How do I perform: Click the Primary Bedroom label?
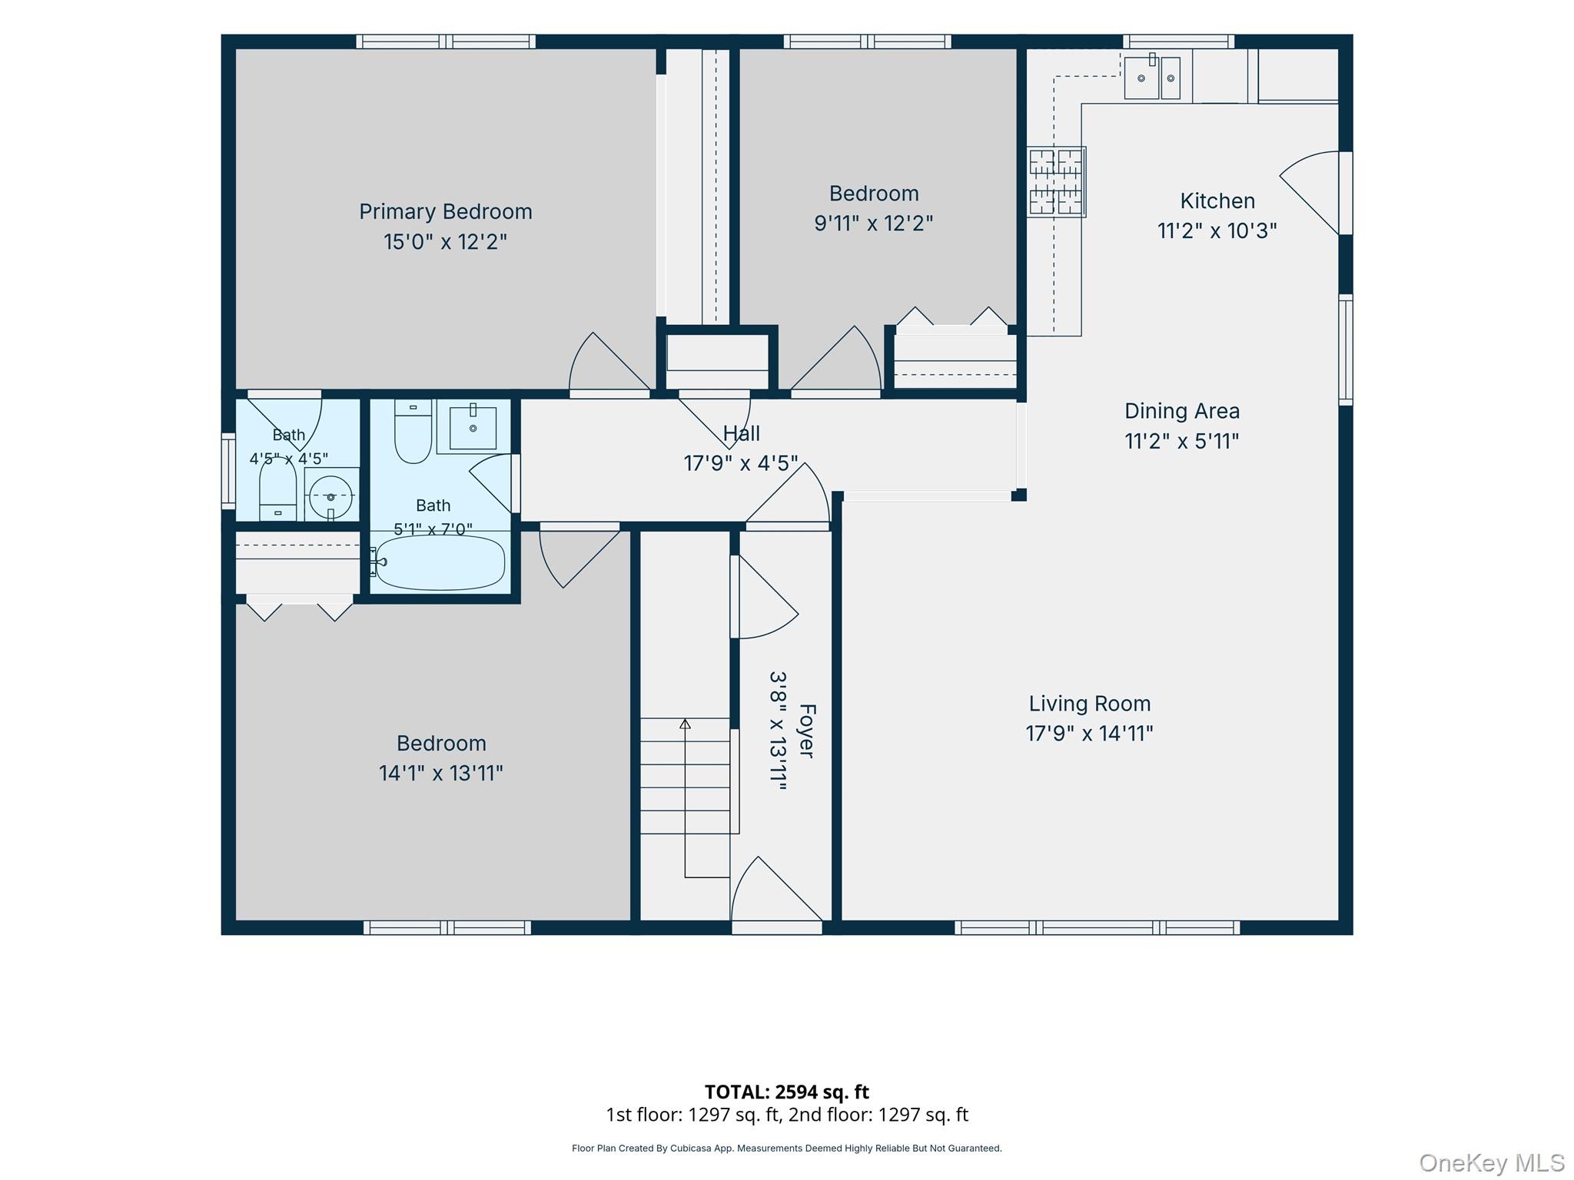[x=445, y=211]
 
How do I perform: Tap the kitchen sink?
[x=1152, y=78]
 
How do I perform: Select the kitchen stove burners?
[x=1056, y=182]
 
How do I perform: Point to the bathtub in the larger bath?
[x=440, y=562]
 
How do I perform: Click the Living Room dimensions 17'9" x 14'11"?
[x=1089, y=734]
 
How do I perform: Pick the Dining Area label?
[x=1182, y=411]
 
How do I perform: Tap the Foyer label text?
[x=806, y=731]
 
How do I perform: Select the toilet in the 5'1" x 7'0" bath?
[x=413, y=431]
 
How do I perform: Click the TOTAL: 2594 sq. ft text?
[x=786, y=1092]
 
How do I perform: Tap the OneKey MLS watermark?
[x=1492, y=1162]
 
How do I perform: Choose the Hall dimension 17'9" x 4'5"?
[x=741, y=463]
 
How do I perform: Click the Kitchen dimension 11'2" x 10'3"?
[x=1217, y=230]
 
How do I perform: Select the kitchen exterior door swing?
[x=1309, y=193]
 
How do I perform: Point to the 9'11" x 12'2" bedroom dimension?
[x=873, y=224]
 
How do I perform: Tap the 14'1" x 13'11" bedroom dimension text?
[x=440, y=773]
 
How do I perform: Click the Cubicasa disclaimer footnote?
[x=786, y=1149]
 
